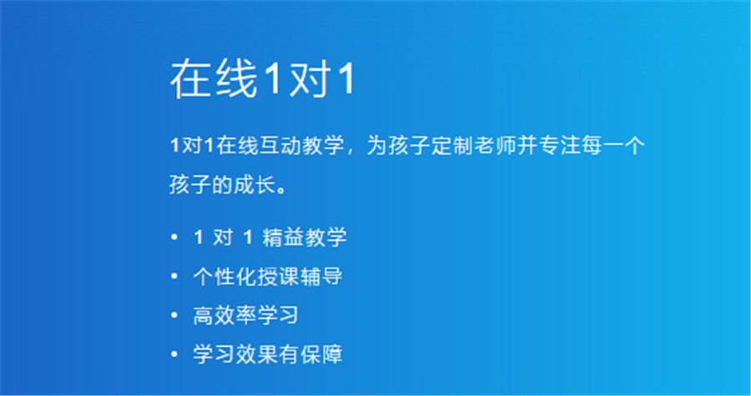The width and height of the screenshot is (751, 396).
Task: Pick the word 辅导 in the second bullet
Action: tap(323, 277)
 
